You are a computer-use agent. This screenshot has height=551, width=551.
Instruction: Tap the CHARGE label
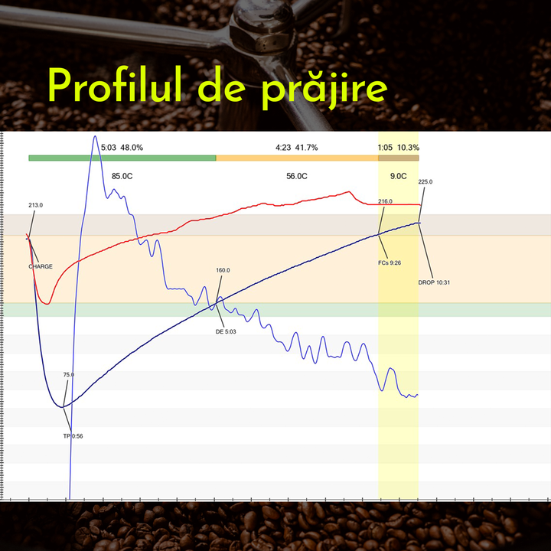click(x=41, y=266)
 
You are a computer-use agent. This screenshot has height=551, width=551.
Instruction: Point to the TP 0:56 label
click(x=73, y=435)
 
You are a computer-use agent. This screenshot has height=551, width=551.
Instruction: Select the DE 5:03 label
click(x=226, y=331)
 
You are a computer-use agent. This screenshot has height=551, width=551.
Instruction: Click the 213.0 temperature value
click(x=35, y=205)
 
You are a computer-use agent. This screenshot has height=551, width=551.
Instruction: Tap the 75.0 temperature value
click(x=69, y=374)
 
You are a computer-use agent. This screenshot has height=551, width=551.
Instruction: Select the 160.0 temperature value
click(x=223, y=270)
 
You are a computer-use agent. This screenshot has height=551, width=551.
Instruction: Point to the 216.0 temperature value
click(x=385, y=201)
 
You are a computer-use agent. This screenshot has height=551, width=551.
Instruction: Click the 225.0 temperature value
click(x=425, y=182)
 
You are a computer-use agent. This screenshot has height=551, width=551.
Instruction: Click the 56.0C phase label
click(x=297, y=176)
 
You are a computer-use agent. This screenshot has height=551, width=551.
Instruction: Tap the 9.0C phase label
click(x=398, y=176)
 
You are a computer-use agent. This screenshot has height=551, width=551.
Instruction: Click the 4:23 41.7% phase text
click(x=297, y=147)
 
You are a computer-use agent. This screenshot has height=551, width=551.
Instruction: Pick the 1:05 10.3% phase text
click(x=398, y=147)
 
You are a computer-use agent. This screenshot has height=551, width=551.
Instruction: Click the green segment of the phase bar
click(x=122, y=158)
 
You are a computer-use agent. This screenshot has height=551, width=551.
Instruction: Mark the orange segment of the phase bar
click(x=297, y=158)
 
